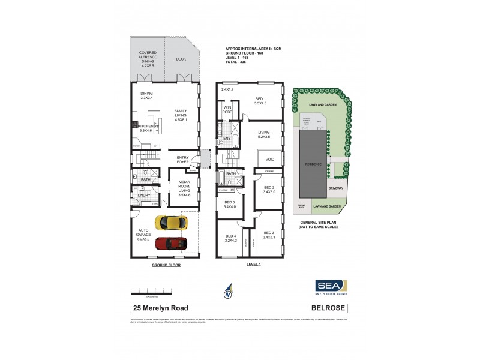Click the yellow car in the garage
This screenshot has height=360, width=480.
(169, 223)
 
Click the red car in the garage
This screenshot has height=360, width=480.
(170, 244)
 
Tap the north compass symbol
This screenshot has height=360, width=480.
(228, 291)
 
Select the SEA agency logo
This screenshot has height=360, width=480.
(332, 287)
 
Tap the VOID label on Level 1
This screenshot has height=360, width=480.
(270, 160)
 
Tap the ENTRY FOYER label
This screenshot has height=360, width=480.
(183, 160)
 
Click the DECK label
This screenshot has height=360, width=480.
(181, 59)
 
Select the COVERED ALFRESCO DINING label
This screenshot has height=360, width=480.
(148, 58)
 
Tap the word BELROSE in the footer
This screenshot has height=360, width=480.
(329, 308)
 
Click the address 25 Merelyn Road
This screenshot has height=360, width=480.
(160, 308)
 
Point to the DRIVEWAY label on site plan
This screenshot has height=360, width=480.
(336, 188)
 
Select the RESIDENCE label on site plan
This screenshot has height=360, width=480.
(313, 164)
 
